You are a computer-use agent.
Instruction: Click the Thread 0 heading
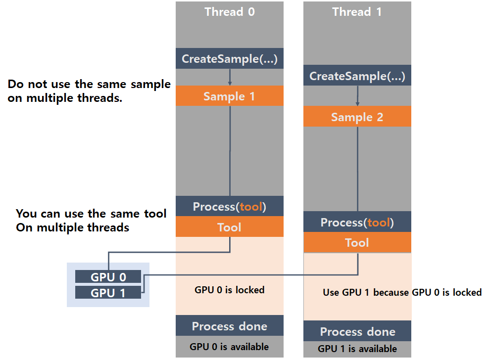pos(230,12)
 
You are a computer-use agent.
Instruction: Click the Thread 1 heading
pos(357,12)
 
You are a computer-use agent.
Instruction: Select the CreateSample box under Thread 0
pos(230,59)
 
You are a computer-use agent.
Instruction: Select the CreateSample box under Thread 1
pos(357,76)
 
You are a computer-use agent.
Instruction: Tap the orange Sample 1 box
pos(230,96)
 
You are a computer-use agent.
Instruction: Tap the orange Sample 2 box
pos(357,117)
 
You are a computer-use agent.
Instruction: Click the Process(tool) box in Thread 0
pos(230,206)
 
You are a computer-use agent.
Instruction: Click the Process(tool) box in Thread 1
pos(357,222)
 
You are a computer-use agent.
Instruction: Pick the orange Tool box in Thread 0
pos(230,227)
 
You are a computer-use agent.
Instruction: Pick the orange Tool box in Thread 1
pos(357,243)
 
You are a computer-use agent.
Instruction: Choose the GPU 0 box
pos(108,277)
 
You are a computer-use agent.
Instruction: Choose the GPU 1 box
pos(108,293)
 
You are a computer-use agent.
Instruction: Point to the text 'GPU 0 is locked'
pos(230,290)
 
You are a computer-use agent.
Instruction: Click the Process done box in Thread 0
pos(230,326)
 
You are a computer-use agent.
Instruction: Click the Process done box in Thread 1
pos(357,331)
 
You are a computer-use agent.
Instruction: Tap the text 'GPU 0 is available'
pos(230,347)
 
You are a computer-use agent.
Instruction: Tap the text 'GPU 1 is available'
pos(357,349)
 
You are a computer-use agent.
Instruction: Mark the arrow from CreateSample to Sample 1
pos(230,77)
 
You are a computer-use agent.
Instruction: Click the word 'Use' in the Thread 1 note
pos(331,292)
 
